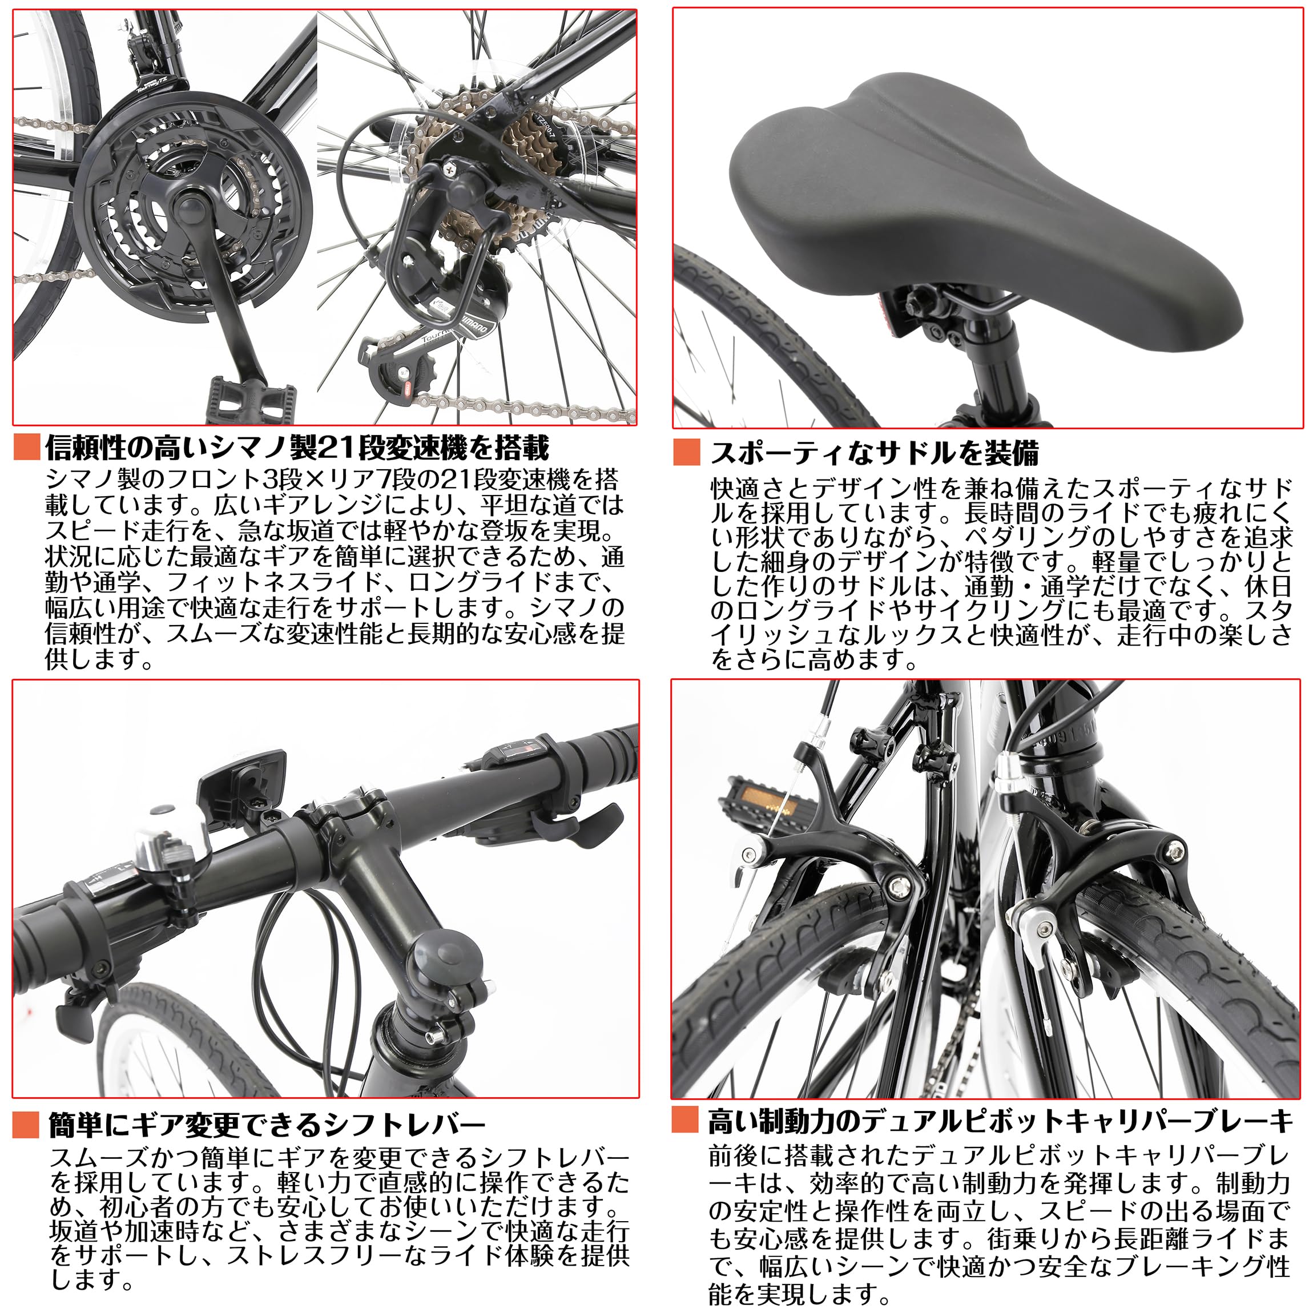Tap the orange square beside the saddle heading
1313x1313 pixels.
click(686, 453)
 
